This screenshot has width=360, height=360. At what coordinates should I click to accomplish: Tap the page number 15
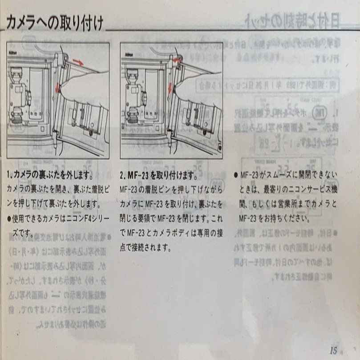point(333,350)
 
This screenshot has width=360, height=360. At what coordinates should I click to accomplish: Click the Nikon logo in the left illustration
point(13,53)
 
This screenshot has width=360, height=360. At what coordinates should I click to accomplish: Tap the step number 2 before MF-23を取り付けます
point(123,174)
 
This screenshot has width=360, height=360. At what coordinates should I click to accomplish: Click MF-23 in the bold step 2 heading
point(136,174)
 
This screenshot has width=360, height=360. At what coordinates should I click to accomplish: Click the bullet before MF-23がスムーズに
point(235,174)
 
